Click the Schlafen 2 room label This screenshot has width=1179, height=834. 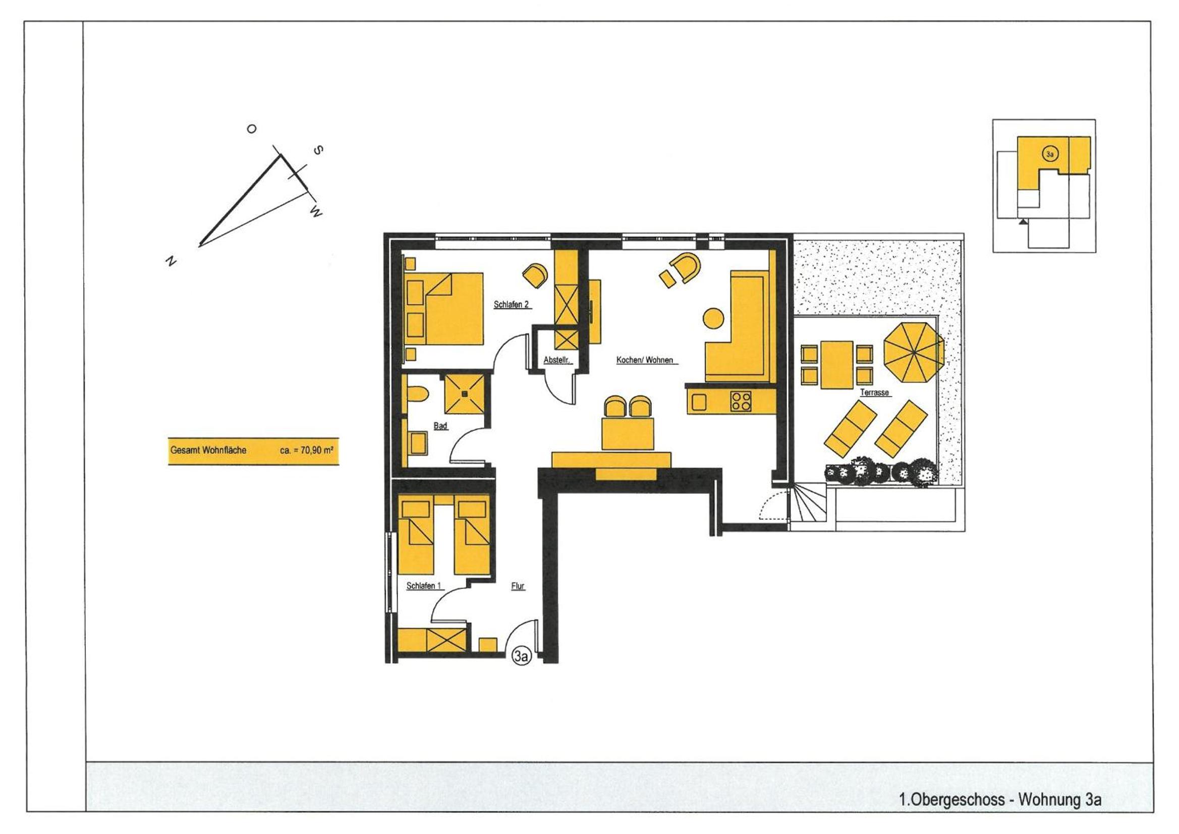coord(512,305)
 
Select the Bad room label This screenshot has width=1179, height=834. coord(440,426)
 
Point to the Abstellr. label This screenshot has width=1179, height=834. coord(556,360)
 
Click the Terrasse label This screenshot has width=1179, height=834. coord(874,393)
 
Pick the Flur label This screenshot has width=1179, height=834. coord(518,586)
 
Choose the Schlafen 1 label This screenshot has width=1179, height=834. coord(424,586)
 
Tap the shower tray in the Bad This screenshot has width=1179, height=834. coord(464,394)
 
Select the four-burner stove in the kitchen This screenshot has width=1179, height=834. coord(741,401)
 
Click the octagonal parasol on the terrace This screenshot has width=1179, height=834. coord(914,352)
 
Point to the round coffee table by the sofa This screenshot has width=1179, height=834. coord(713,318)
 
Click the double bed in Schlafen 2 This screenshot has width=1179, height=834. coord(444,309)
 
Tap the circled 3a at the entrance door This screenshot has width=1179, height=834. coord(521,656)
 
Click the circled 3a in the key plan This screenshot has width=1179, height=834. coord(1050,153)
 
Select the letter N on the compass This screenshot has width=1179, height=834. coord(171,261)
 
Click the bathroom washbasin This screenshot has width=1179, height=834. coord(418,442)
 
